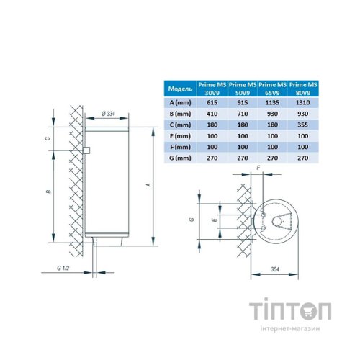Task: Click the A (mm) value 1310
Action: tap(302, 102)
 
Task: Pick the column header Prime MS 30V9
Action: tap(211, 89)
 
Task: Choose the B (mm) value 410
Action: tap(211, 113)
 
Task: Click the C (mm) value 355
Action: tap(302, 124)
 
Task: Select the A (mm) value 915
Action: tap(242, 102)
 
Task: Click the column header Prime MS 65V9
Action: tap(272, 89)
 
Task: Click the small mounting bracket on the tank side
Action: tap(86, 151)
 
